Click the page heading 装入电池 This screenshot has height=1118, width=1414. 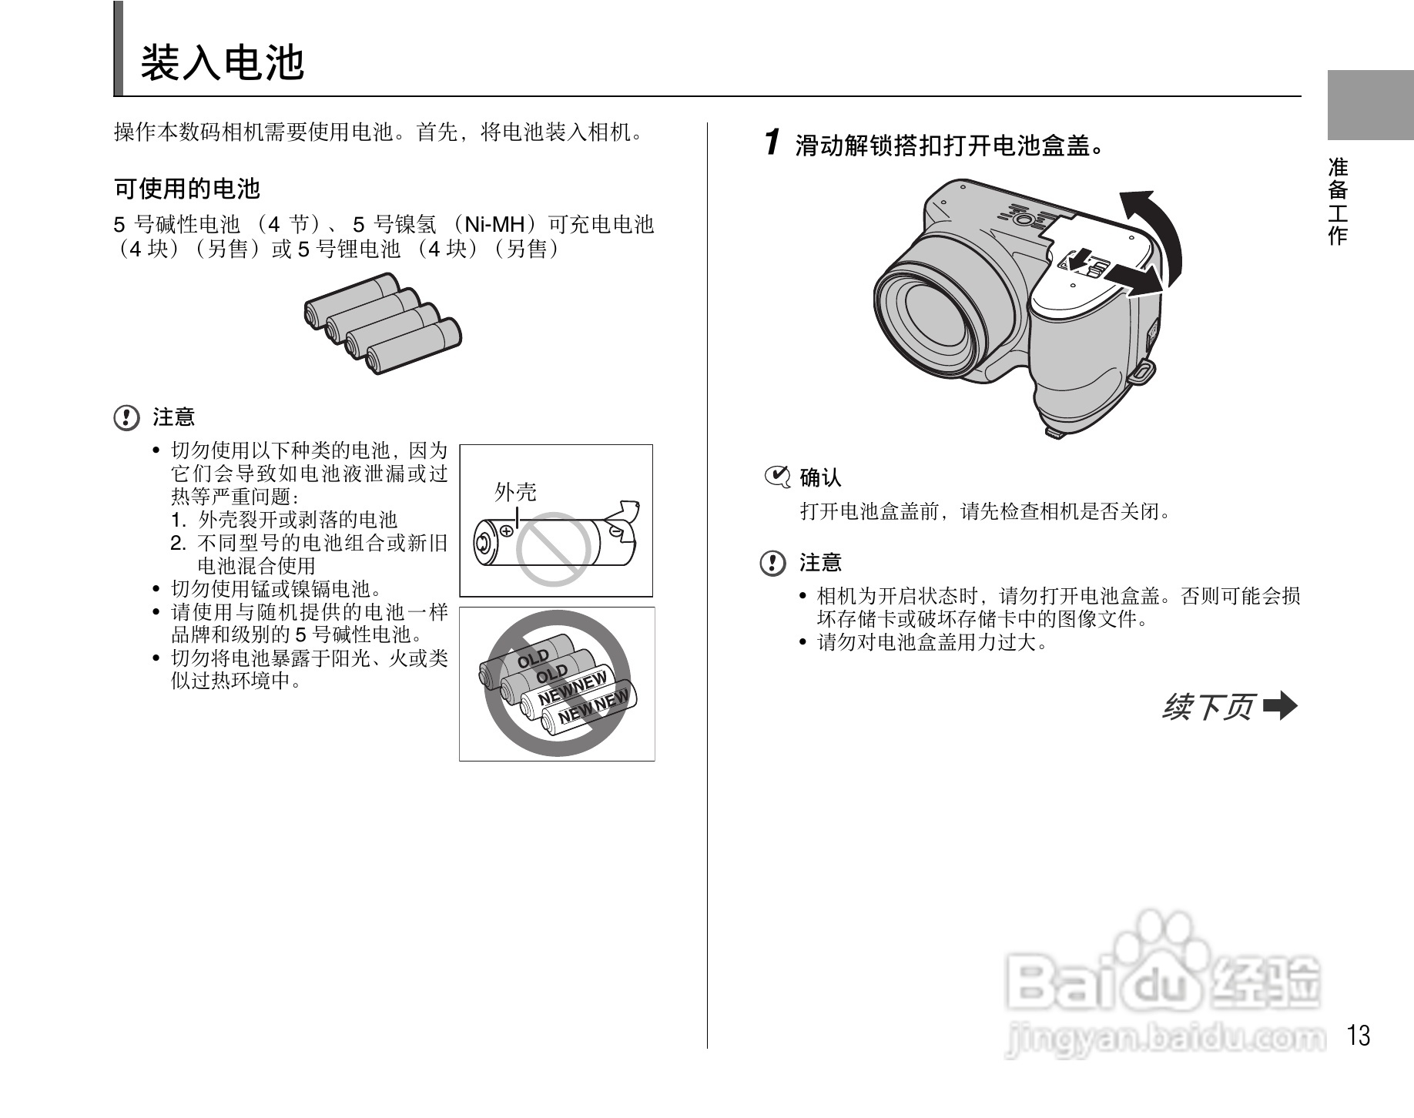coord(223,62)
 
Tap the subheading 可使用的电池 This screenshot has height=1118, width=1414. coord(187,188)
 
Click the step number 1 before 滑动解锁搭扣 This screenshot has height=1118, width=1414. coord(772,143)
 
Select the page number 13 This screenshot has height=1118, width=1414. coord(1359,1036)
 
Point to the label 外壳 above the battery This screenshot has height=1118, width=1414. coord(515,492)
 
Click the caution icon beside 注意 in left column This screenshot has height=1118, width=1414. coord(126,418)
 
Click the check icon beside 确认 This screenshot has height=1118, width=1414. coord(777,477)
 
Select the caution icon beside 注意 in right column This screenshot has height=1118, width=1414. coord(772,563)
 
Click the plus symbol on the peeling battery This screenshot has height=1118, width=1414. coord(507,530)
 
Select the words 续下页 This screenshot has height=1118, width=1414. coord(1208,706)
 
